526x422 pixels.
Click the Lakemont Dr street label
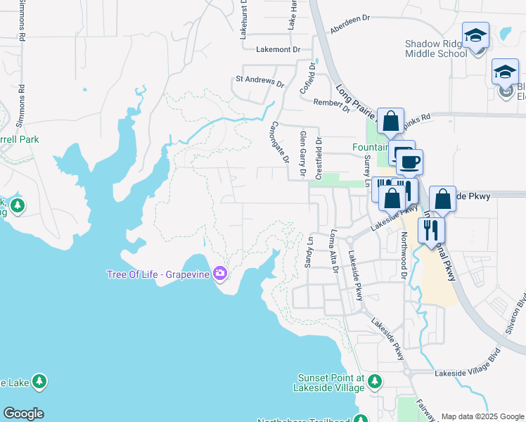[278, 50]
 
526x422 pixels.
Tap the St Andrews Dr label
[259, 81]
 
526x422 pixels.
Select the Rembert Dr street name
[331, 105]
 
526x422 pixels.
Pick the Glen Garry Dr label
[303, 153]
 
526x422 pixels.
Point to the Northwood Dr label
[404, 257]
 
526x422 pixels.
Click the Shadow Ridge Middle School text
[435, 49]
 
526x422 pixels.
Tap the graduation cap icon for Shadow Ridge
[475, 36]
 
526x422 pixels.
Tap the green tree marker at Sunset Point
[375, 382]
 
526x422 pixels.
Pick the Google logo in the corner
[23, 414]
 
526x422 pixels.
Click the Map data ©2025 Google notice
[482, 416]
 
